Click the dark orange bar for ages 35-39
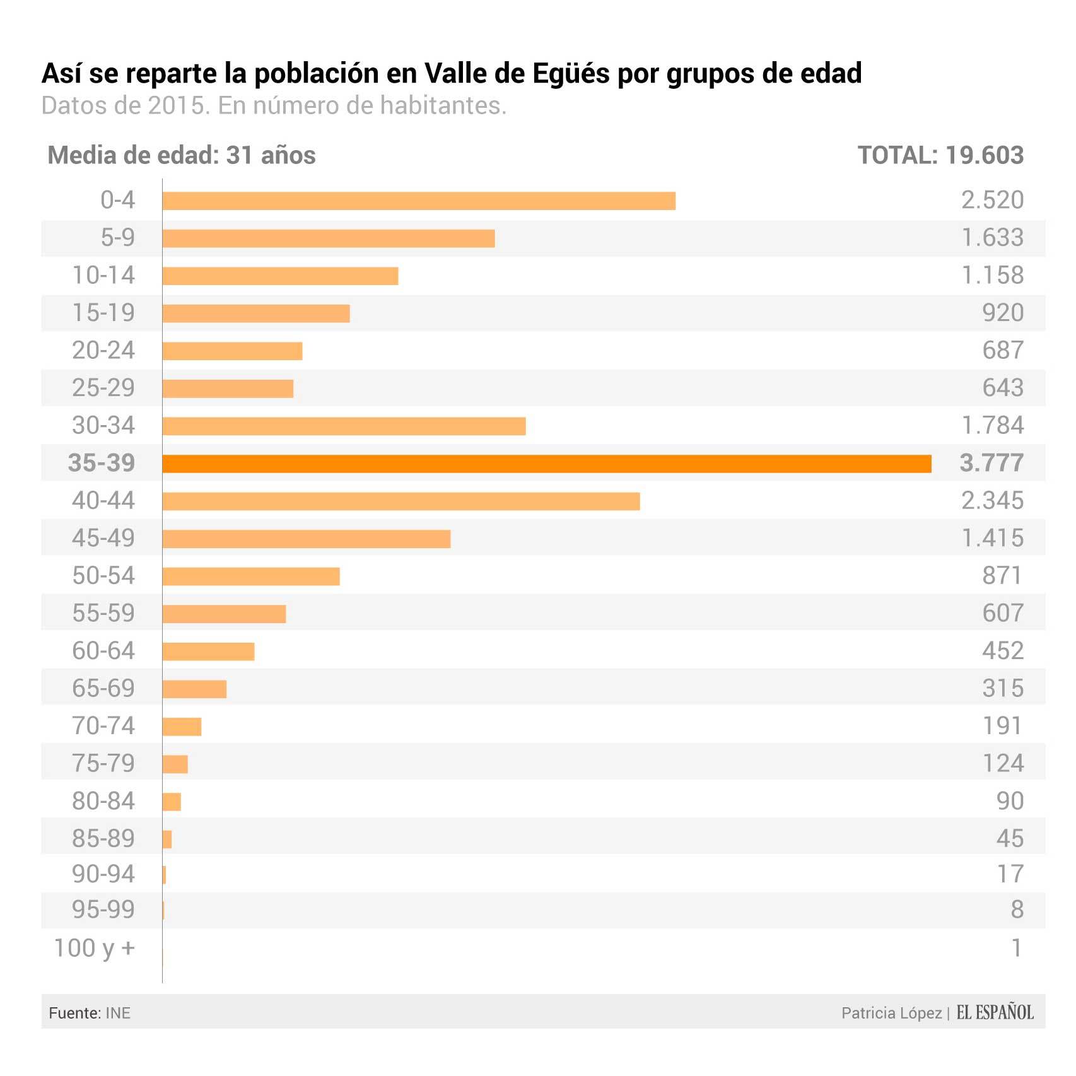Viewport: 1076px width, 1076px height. pos(546,464)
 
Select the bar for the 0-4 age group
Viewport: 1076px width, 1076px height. pos(419,201)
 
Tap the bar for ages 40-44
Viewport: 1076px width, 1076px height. pos(401,501)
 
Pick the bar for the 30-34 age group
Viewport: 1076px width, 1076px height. pos(344,426)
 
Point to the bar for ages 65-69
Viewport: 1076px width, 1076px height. pos(194,689)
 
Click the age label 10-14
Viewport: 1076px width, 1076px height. pos(103,276)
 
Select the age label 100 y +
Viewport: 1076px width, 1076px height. pos(95,948)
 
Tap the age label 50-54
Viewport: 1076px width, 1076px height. pos(103,576)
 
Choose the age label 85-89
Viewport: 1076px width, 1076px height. pos(103,838)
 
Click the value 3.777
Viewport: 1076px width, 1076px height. pos(991,463)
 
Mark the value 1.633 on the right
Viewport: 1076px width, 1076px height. pos(992,238)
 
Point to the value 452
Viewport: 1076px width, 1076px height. pos(1003,651)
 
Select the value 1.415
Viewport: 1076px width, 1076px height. pos(992,538)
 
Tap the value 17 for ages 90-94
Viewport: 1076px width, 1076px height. pos(1010,874)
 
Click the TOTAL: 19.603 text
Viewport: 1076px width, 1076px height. pos(940,155)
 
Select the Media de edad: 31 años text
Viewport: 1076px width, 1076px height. pos(182,155)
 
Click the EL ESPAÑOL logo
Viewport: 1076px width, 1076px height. pos(995,1013)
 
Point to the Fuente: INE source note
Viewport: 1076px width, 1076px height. pos(90,1013)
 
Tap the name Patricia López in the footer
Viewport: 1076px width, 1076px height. pos(891,1013)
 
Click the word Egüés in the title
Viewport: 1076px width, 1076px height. pos(571,74)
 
